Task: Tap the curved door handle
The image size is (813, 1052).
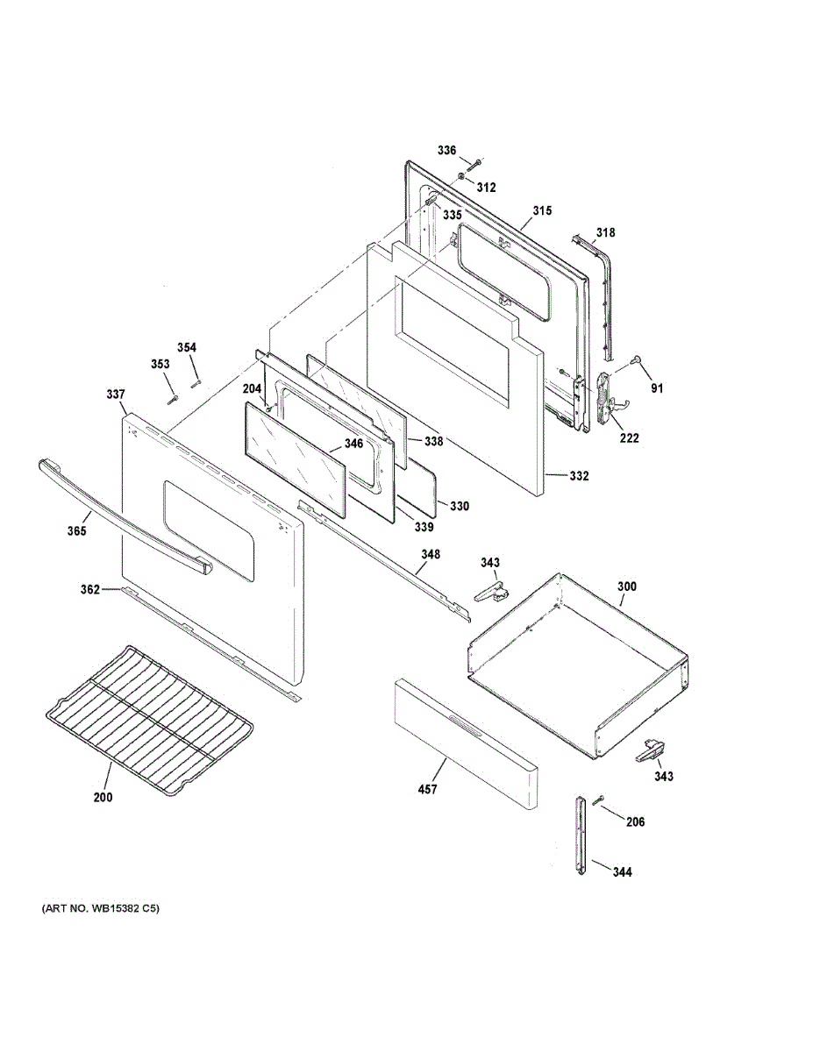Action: tap(123, 518)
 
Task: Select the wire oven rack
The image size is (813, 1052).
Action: tap(149, 715)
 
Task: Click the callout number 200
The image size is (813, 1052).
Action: tap(103, 798)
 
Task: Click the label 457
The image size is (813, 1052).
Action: tap(427, 789)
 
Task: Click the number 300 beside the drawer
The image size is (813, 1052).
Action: tap(627, 586)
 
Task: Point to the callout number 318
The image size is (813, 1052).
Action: tap(605, 232)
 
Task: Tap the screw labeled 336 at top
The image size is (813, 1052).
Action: tap(474, 164)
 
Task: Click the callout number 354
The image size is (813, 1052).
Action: tap(187, 347)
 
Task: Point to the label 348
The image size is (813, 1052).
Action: tap(431, 554)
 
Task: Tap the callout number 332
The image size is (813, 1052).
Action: tap(579, 476)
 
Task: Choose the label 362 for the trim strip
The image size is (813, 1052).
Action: tap(90, 589)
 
